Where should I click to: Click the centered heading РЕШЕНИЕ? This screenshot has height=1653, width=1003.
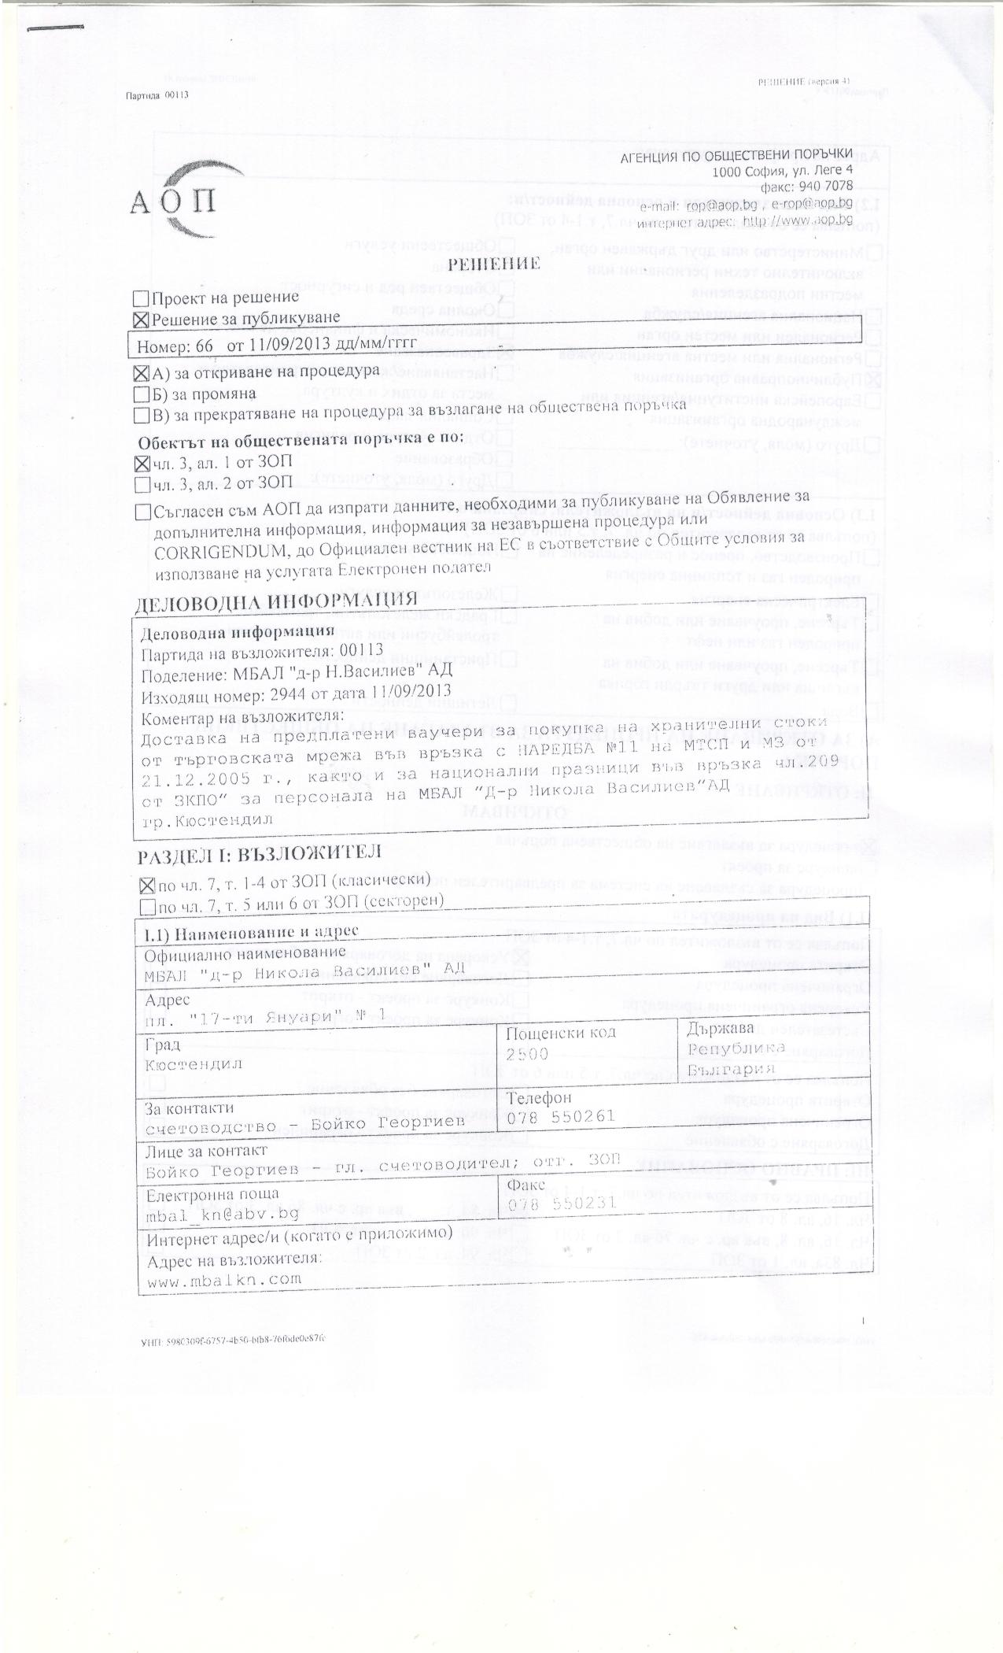click(x=493, y=263)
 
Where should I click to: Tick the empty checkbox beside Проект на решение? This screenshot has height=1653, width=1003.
click(x=142, y=299)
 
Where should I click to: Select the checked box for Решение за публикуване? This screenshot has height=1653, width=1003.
click(x=142, y=319)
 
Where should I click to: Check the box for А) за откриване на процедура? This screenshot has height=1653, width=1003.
click(x=142, y=372)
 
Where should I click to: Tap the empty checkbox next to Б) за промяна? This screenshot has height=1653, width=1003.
click(x=142, y=393)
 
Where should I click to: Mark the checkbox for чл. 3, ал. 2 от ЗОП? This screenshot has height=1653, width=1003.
click(x=142, y=483)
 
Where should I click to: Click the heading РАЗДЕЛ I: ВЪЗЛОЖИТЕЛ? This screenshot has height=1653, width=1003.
click(x=260, y=854)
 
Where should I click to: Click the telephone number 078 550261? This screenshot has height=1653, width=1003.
click(x=561, y=1117)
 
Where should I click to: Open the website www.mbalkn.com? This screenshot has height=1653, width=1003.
click(x=224, y=1279)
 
